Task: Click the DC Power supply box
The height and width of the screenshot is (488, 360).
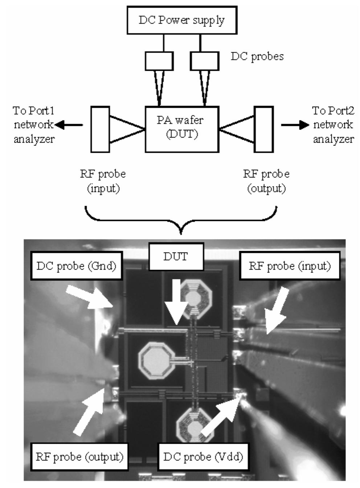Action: coord(182,20)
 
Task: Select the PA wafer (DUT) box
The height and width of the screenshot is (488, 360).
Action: coord(182,129)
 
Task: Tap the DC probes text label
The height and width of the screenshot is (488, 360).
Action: coord(257,57)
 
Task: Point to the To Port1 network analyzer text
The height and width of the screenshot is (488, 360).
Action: coord(34,125)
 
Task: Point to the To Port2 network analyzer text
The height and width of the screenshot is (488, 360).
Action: coord(333,125)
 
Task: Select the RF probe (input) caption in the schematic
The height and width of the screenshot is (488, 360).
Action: coord(103,181)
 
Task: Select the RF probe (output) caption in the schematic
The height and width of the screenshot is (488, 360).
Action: coord(266,181)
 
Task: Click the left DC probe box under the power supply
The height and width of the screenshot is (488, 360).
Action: coord(159,61)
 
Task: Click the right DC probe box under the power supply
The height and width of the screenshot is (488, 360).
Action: coord(205,61)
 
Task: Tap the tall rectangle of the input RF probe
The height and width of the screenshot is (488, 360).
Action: coord(100,129)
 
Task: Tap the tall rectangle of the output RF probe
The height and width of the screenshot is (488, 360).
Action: coord(264,129)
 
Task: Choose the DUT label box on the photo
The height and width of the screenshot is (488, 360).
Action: coord(176,257)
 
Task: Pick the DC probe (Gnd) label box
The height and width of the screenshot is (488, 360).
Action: coord(76,266)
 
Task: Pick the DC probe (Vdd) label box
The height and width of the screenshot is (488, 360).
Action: coord(203,456)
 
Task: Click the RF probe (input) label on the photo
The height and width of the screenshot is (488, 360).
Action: coord(290,266)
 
